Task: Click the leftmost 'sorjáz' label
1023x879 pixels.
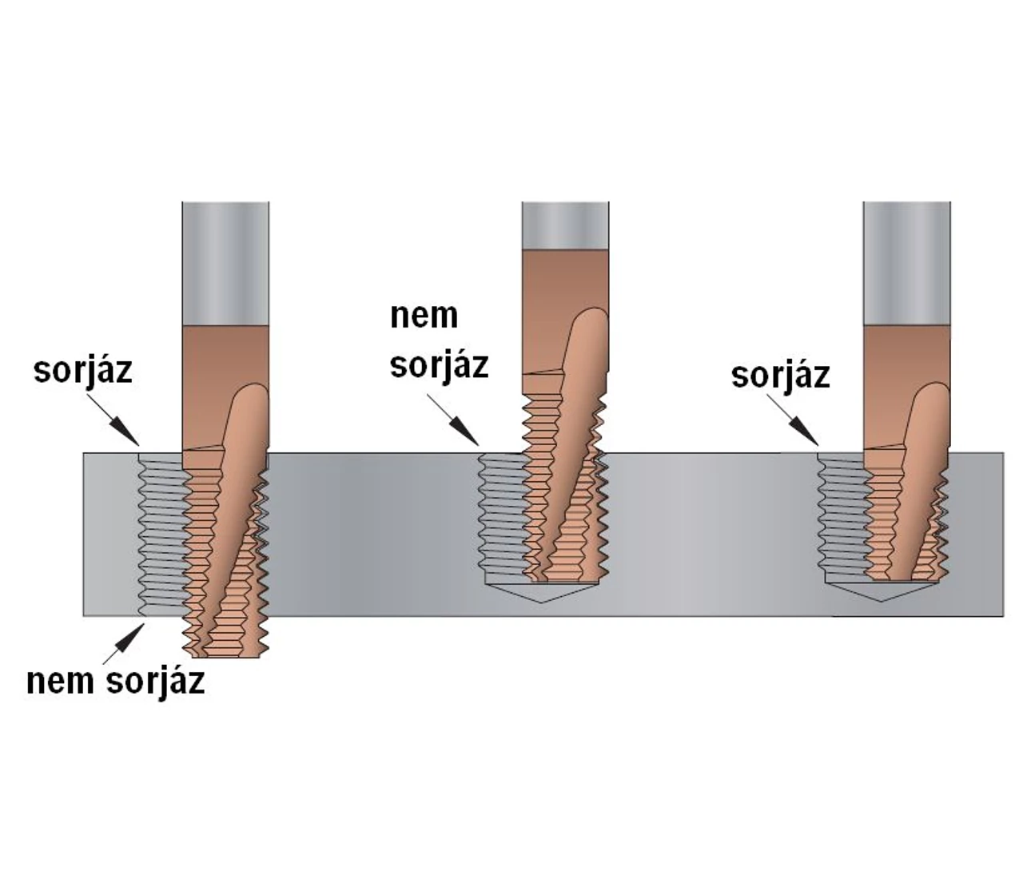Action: pyautogui.click(x=82, y=371)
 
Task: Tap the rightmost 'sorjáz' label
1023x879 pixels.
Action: pyautogui.click(x=781, y=376)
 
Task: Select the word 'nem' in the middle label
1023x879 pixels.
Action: pyautogui.click(x=424, y=316)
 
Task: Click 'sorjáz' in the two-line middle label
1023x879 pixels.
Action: pyautogui.click(x=439, y=365)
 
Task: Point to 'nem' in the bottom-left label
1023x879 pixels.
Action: pyautogui.click(x=61, y=682)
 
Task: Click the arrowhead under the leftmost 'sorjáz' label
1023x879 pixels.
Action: pyautogui.click(x=127, y=432)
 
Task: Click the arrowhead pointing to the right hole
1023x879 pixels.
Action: pyautogui.click(x=806, y=432)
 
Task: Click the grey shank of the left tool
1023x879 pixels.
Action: pyautogui.click(x=225, y=264)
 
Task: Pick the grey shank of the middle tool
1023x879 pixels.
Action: pyautogui.click(x=565, y=225)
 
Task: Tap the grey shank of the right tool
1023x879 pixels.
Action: pyautogui.click(x=906, y=264)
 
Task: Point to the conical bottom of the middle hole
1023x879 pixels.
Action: pyautogui.click(x=541, y=593)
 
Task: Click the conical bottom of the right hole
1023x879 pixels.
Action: pyautogui.click(x=882, y=592)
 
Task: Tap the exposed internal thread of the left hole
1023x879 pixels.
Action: pyautogui.click(x=162, y=535)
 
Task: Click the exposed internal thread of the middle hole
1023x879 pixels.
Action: pyautogui.click(x=503, y=514)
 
